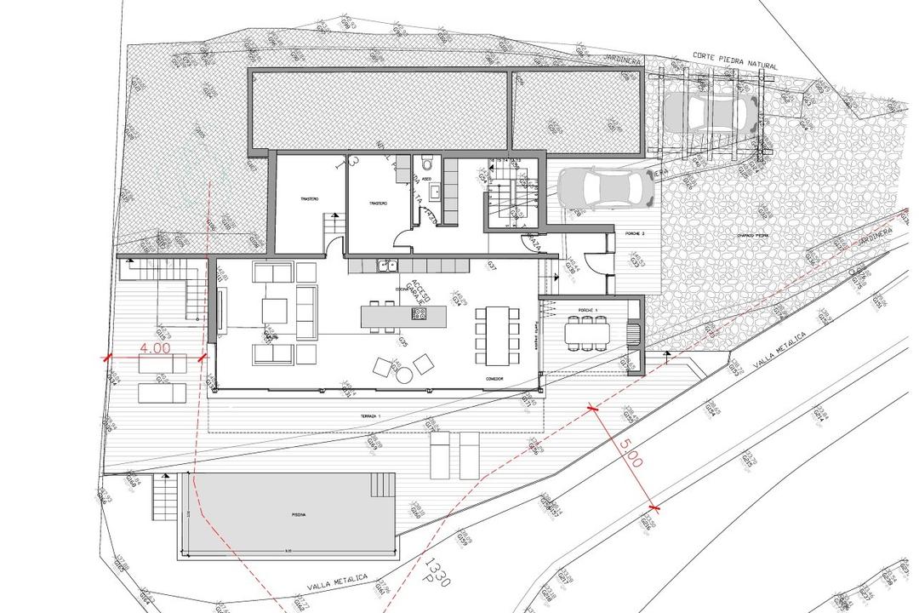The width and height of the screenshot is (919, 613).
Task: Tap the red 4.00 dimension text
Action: tap(156, 347)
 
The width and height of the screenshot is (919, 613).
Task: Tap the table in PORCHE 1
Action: tap(587, 332)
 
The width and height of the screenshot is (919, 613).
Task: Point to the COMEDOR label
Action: tap(497, 378)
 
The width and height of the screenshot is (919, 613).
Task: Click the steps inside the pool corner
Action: tap(380, 485)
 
